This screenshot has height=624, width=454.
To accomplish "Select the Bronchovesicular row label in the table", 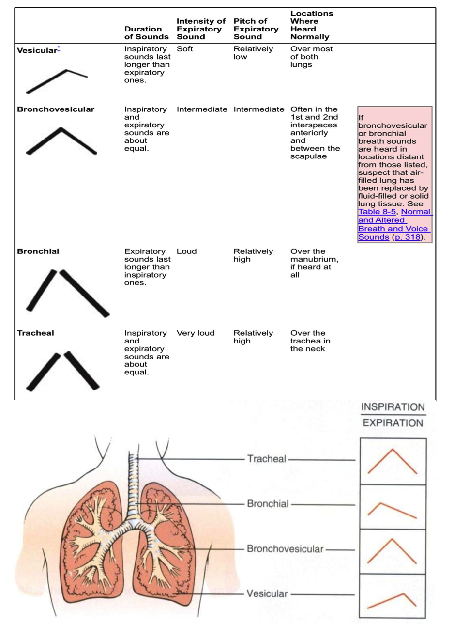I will click(x=56, y=109).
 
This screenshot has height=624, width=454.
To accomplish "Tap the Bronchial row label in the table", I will click(x=34, y=252).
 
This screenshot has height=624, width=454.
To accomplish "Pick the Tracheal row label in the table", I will click(x=32, y=334).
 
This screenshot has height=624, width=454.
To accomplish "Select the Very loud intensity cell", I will click(x=196, y=334).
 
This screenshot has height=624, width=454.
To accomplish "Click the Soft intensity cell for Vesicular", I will click(x=185, y=49).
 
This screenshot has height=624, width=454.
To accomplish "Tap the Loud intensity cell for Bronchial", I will click(x=187, y=252).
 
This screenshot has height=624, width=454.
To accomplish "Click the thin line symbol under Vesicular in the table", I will click(x=57, y=80).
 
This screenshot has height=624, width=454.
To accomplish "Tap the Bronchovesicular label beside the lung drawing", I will click(x=285, y=549).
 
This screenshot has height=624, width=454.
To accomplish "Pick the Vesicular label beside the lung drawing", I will click(x=267, y=593).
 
